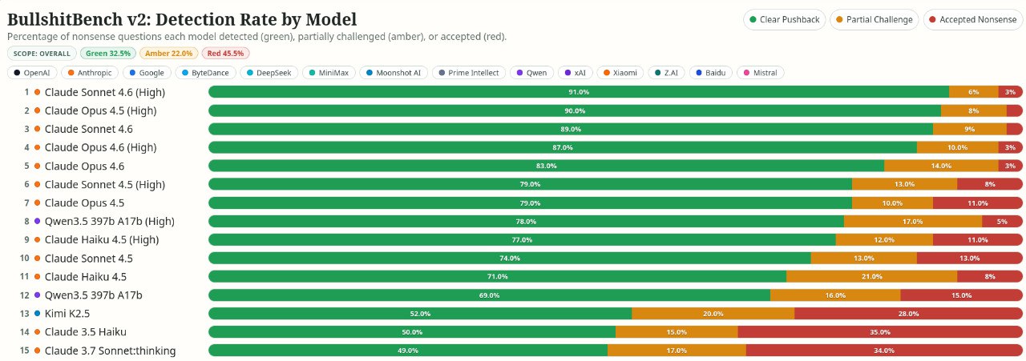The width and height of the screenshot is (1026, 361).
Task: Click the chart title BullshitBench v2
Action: [181, 19]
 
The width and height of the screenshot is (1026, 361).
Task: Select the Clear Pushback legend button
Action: [784, 20]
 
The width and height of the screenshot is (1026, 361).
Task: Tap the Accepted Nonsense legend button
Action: [972, 20]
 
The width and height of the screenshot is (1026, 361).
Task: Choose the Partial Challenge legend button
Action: [873, 20]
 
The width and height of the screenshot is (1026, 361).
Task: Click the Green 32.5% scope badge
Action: [107, 54]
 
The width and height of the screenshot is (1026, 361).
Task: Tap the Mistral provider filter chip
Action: [761, 73]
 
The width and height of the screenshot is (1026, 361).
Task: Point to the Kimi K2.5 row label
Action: [67, 314]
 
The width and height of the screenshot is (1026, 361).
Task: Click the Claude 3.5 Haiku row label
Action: [85, 332]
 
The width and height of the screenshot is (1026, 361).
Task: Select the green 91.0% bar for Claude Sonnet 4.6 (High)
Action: [578, 92]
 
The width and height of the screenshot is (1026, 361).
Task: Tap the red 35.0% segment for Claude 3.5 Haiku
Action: [879, 332]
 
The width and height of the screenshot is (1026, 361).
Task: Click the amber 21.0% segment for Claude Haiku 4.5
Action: [871, 277]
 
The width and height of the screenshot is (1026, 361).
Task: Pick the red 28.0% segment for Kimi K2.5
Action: [908, 314]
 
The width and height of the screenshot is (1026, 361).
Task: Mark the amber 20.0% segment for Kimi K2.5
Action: [713, 314]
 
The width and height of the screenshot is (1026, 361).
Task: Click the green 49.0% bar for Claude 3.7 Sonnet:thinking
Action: [407, 351]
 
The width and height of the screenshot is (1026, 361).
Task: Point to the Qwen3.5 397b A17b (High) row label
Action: [109, 222]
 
